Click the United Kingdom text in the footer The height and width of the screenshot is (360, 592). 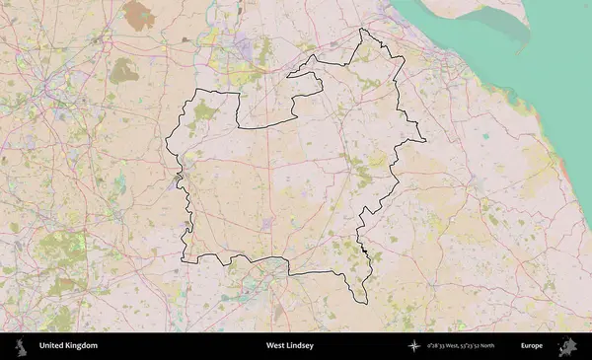68,346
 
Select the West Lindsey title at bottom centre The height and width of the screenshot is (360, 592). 289,346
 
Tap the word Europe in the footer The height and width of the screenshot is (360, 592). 532,346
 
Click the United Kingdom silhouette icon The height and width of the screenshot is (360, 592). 20,346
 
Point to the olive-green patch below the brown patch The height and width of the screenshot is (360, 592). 123,70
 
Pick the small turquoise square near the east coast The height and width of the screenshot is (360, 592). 485,136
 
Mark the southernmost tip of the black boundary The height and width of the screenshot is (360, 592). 360,303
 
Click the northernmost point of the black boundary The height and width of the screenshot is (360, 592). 362,30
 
